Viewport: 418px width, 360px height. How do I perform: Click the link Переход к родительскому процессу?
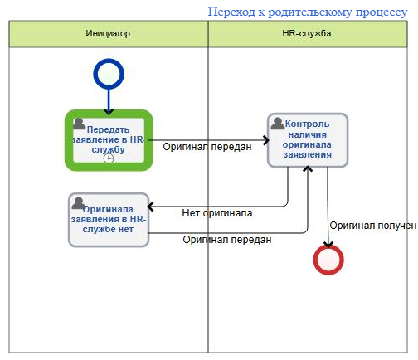tap(308, 12)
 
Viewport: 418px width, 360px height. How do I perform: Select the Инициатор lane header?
tap(109, 34)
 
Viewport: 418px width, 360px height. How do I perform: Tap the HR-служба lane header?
tap(308, 34)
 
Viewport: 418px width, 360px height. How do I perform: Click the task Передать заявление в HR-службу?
tap(109, 140)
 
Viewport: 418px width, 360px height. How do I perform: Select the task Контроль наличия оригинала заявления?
tap(308, 140)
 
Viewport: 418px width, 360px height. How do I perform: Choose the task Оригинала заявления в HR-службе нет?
tap(109, 220)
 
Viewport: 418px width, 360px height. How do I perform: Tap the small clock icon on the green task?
tap(109, 158)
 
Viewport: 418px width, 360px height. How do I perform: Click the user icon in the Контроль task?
tap(277, 124)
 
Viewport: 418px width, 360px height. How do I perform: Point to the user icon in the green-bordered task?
tap(79, 124)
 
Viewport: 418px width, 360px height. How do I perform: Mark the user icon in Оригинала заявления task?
tap(78, 203)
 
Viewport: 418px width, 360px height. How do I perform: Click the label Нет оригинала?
tap(217, 213)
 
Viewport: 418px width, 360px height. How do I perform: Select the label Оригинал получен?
tap(373, 226)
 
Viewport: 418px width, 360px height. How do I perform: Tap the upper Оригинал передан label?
tap(207, 147)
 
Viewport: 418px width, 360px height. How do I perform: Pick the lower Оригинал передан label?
tap(227, 240)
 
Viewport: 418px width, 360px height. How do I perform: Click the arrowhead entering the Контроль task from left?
tap(266, 140)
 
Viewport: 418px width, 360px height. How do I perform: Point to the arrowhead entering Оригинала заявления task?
tap(151, 207)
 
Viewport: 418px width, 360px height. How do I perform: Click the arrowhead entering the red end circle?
tap(328, 245)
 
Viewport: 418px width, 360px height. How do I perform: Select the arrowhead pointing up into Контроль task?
tap(308, 168)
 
